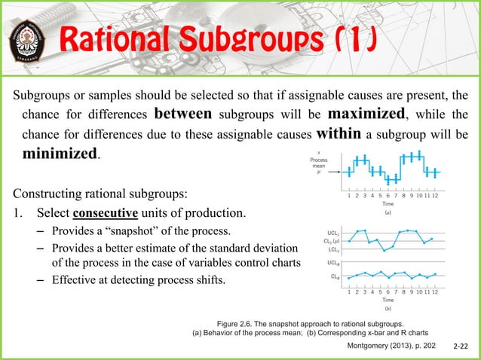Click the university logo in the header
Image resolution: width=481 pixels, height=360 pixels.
point(29,38)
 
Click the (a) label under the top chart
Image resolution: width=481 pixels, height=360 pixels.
point(387,213)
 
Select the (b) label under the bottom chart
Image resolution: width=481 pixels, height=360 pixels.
point(387,309)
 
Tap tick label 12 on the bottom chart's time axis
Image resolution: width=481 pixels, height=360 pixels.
point(435,291)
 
